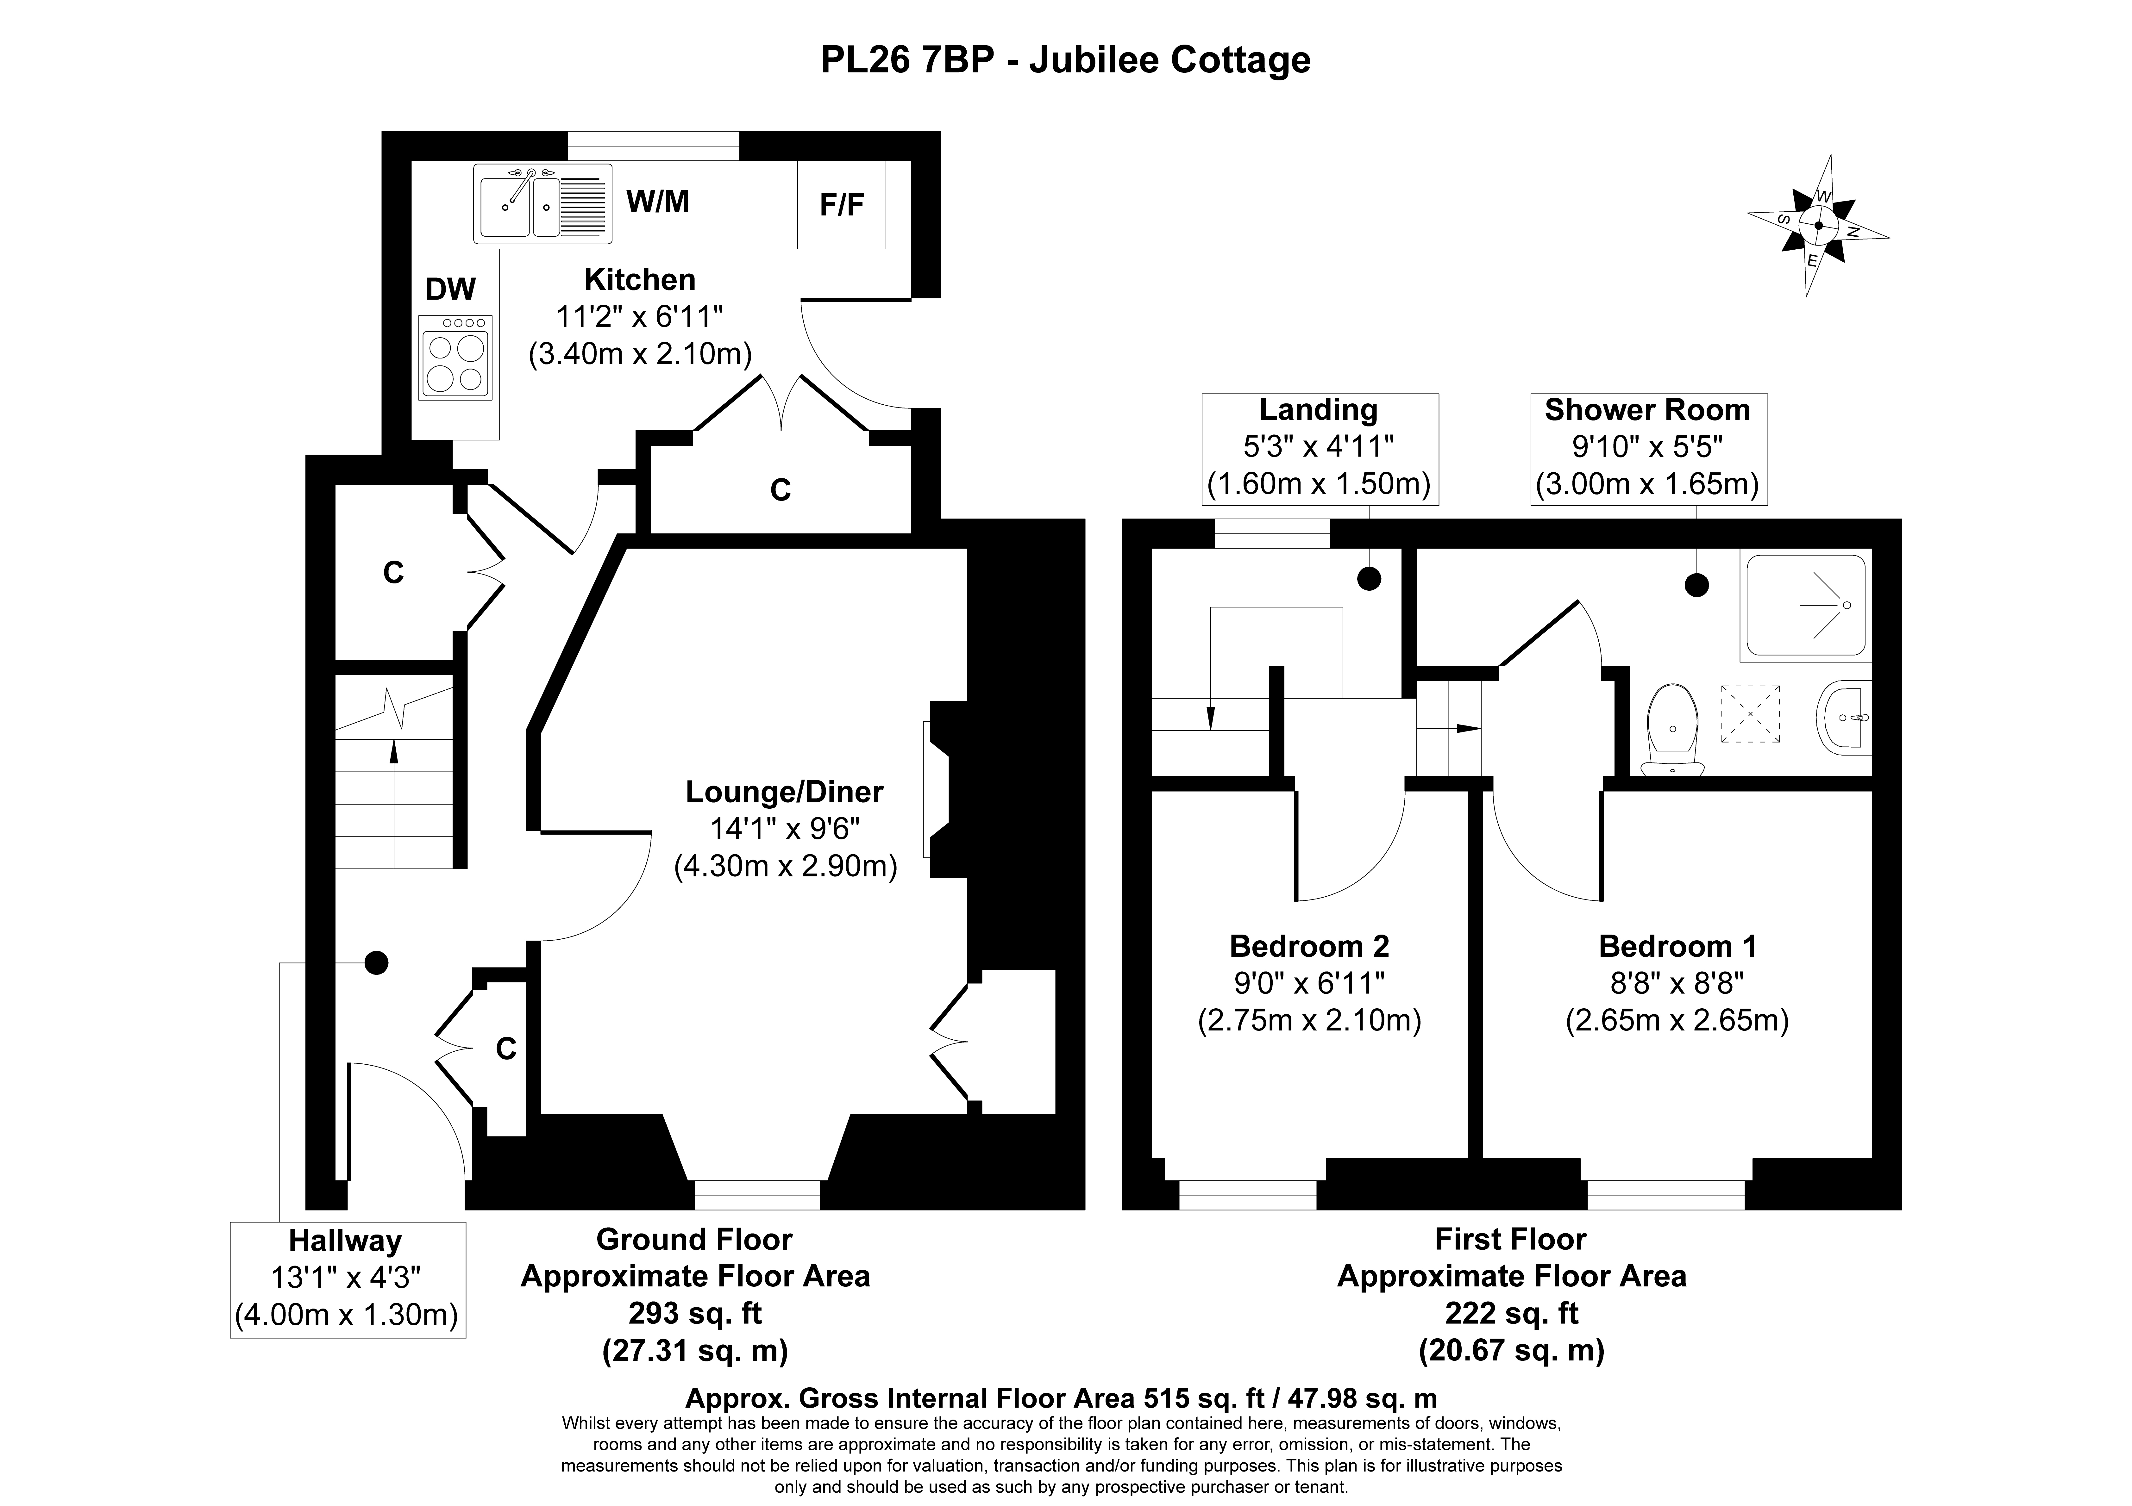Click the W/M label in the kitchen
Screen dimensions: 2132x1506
[x=658, y=202]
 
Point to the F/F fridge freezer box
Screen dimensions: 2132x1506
[x=841, y=204]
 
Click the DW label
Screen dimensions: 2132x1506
[x=450, y=290]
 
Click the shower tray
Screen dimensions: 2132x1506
[x=1805, y=605]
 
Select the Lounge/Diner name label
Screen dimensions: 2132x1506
[x=785, y=792]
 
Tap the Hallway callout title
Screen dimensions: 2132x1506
[x=345, y=1242]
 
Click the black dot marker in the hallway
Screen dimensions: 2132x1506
[x=376, y=963]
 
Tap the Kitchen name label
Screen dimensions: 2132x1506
[x=640, y=279]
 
